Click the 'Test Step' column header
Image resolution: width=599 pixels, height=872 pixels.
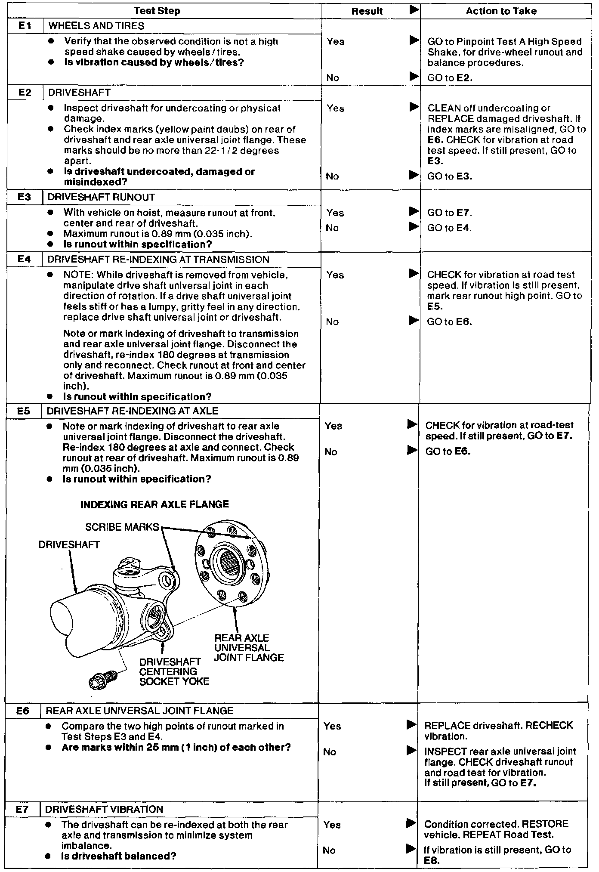[x=157, y=11]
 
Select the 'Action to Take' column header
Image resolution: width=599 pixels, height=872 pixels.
[x=501, y=11]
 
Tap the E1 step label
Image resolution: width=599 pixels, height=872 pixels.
[x=25, y=26]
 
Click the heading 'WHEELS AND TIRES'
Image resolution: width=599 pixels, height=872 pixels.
[x=96, y=26]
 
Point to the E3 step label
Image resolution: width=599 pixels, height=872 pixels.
[x=25, y=197]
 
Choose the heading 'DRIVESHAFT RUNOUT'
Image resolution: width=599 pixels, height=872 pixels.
[x=101, y=197]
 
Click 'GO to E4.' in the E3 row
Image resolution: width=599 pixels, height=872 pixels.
[x=449, y=228]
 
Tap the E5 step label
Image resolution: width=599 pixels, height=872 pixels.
[x=24, y=411]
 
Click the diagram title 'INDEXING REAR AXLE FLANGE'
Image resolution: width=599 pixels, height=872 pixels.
[x=154, y=504]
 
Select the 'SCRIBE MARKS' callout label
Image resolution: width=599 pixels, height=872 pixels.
[x=122, y=527]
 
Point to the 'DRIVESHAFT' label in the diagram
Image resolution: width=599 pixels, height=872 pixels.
[x=69, y=545]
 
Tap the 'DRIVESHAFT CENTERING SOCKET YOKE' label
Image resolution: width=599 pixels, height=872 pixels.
[x=174, y=671]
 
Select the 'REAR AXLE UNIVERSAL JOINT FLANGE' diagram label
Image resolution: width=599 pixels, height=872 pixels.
[x=249, y=648]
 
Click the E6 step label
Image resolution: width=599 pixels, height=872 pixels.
[x=23, y=711]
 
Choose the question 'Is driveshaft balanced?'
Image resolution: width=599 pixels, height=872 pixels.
[x=119, y=856]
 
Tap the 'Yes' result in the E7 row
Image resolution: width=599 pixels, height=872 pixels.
[x=332, y=825]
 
